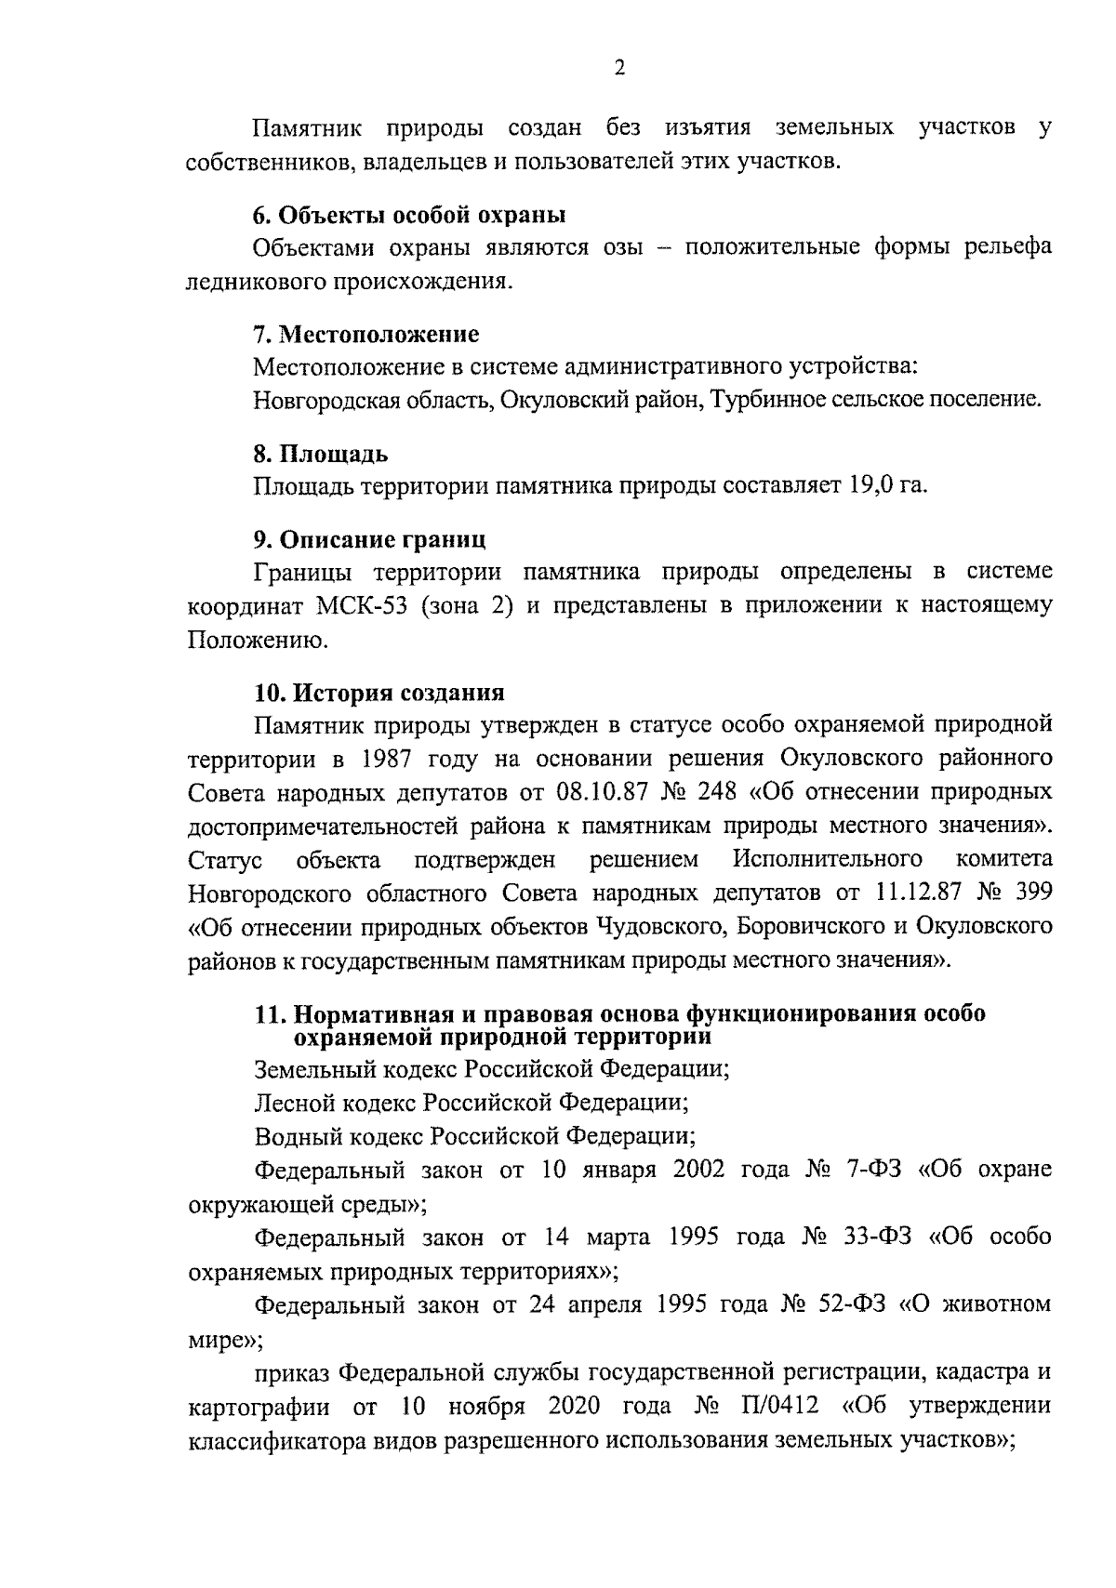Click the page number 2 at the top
coord(619,68)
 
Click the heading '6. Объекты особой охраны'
coord(409,215)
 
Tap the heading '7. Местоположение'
coord(366,333)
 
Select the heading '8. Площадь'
coord(321,454)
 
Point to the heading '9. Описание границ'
coord(369,539)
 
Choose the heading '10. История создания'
coord(379,693)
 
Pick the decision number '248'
coord(715,792)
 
